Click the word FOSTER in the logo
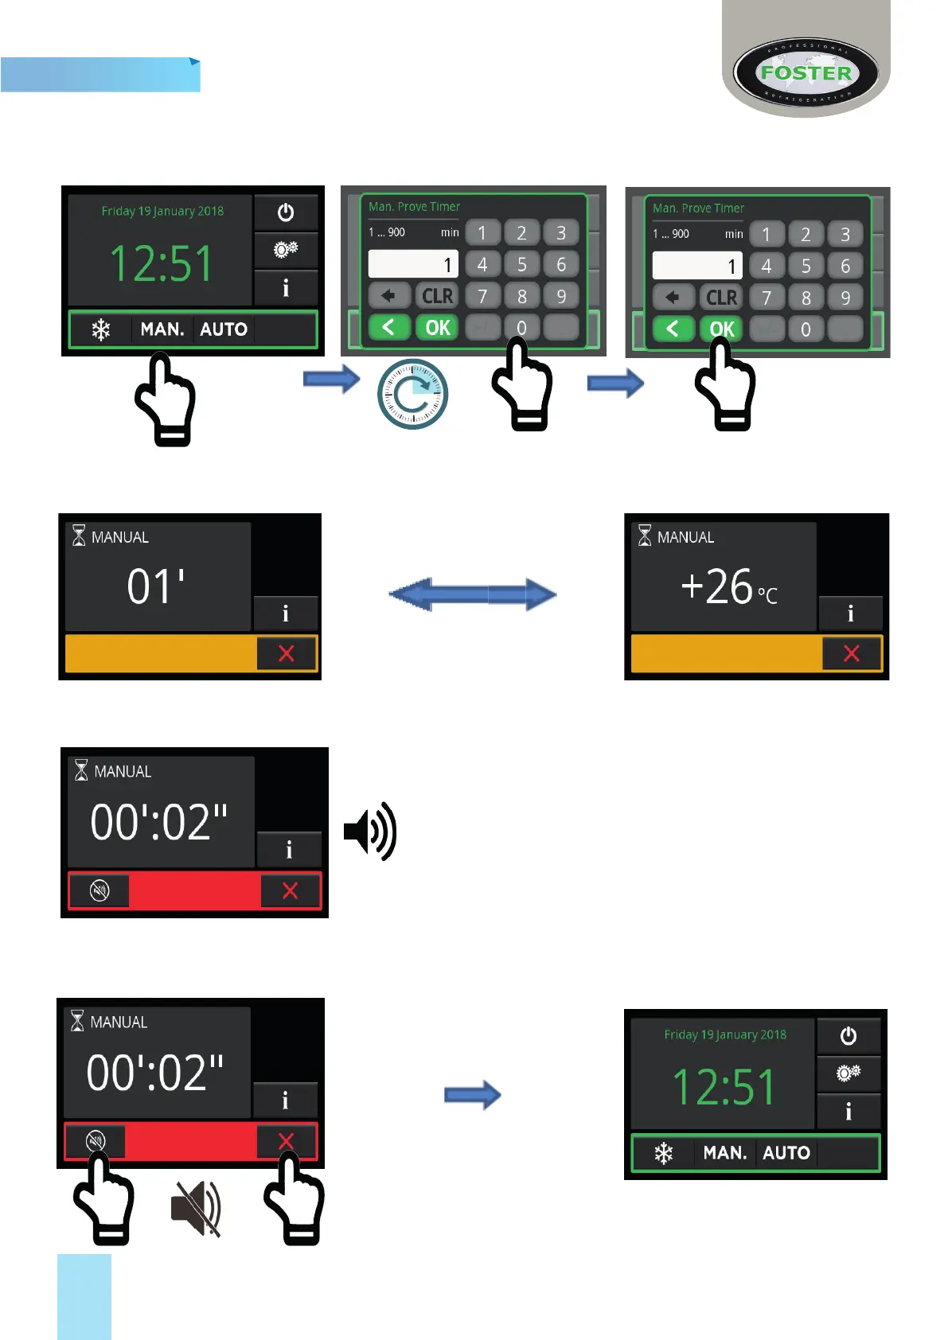tap(806, 73)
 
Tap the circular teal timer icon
tap(412, 394)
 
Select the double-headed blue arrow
tap(472, 594)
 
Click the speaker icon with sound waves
tap(370, 831)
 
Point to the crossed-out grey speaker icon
tap(196, 1208)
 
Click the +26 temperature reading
tap(717, 586)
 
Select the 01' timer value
tap(156, 586)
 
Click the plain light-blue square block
tap(84, 1296)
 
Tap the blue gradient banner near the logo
tap(100, 75)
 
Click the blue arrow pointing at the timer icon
tap(331, 379)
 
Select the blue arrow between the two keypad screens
tap(615, 384)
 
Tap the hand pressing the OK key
tap(725, 386)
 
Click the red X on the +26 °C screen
tap(852, 653)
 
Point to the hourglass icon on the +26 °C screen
tap(645, 536)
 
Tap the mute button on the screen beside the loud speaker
tap(99, 890)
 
